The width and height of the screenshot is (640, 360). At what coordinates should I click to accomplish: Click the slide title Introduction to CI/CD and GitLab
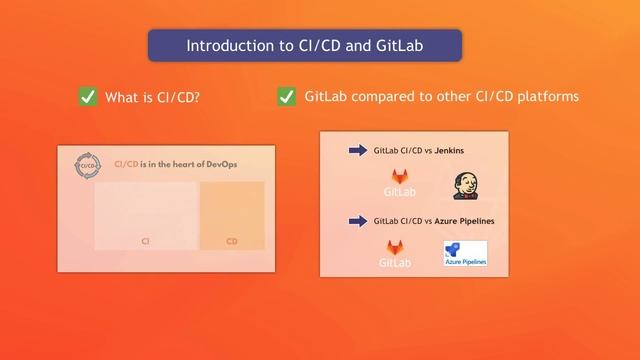305,46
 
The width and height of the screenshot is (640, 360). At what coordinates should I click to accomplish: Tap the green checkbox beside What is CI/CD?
88,97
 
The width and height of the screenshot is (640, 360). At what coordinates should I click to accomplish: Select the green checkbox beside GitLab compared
287,97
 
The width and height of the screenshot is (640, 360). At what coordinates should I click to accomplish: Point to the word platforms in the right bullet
546,97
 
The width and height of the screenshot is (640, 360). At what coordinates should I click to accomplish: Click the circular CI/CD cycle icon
90,165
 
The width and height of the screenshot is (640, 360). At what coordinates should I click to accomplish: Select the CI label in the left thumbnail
145,241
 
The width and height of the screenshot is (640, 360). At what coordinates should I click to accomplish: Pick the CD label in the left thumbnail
232,241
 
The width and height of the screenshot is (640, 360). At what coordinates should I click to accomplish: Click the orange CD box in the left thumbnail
232,214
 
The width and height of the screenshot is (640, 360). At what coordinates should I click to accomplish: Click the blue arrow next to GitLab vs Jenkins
357,151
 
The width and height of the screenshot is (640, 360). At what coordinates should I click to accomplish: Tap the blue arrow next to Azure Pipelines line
357,221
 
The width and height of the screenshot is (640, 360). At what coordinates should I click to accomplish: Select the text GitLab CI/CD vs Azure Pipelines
434,221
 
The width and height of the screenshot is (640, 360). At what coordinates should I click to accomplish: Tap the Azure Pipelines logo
465,254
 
